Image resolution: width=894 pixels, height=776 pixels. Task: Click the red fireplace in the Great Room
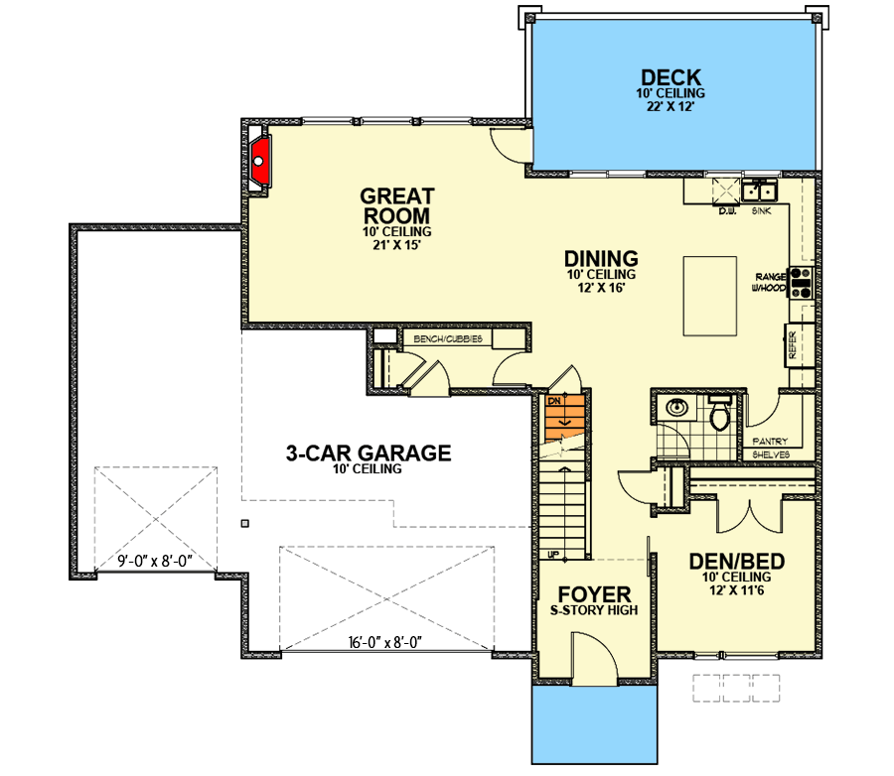[x=261, y=160]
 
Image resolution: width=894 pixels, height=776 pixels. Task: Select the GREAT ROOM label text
[x=394, y=205]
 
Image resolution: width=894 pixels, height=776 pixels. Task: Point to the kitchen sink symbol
[x=762, y=189]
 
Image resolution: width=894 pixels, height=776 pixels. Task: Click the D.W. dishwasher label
[x=725, y=211]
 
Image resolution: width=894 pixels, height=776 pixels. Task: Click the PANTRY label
[x=770, y=441]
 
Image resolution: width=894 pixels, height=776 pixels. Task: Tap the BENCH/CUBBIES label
[x=447, y=339]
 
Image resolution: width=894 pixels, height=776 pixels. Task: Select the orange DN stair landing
[x=559, y=417]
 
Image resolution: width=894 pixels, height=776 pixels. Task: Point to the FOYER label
[x=593, y=594]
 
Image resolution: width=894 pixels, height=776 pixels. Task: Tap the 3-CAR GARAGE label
[x=369, y=453]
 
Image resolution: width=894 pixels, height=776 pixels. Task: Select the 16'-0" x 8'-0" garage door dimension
[x=387, y=642]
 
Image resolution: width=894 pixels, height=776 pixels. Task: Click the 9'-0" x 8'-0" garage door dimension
[x=154, y=563]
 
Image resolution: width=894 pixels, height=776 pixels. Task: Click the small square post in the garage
[x=244, y=522]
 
